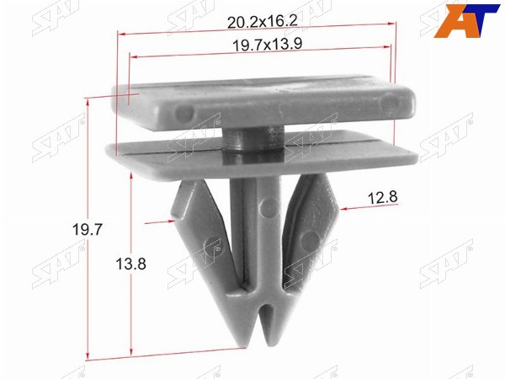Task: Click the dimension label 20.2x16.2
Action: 263,22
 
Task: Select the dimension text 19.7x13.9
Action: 268,44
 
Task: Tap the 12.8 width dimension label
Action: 383,197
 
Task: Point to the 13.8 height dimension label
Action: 130,264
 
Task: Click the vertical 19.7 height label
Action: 88,229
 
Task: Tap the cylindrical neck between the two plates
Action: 253,139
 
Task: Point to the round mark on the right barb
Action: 310,241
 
